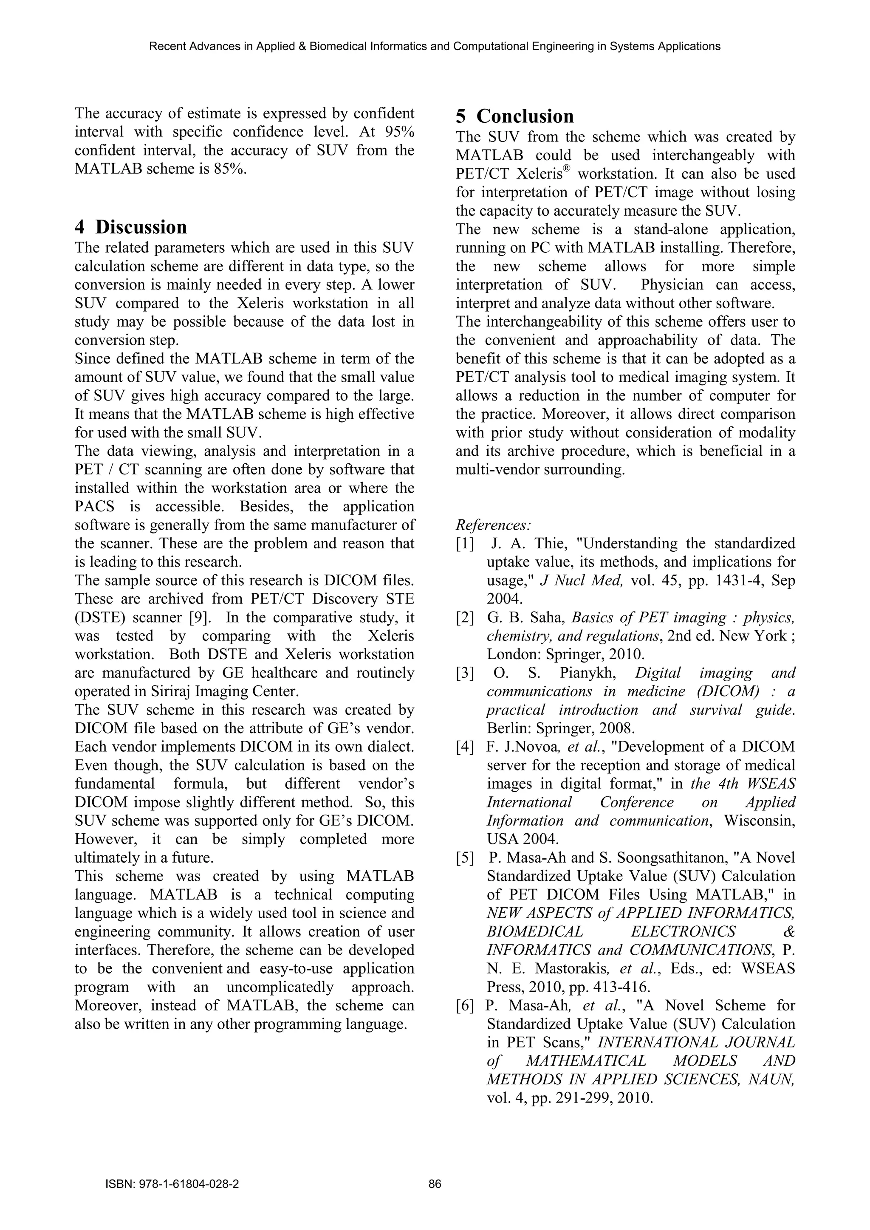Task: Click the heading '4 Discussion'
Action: coord(131,227)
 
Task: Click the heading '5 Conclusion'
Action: coord(514,116)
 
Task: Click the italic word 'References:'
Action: coord(493,525)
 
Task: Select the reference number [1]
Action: coord(465,544)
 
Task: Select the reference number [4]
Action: coord(465,747)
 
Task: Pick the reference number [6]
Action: coord(465,1006)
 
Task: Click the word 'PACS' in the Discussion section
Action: coord(94,507)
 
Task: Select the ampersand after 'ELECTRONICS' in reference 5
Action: coord(790,931)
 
